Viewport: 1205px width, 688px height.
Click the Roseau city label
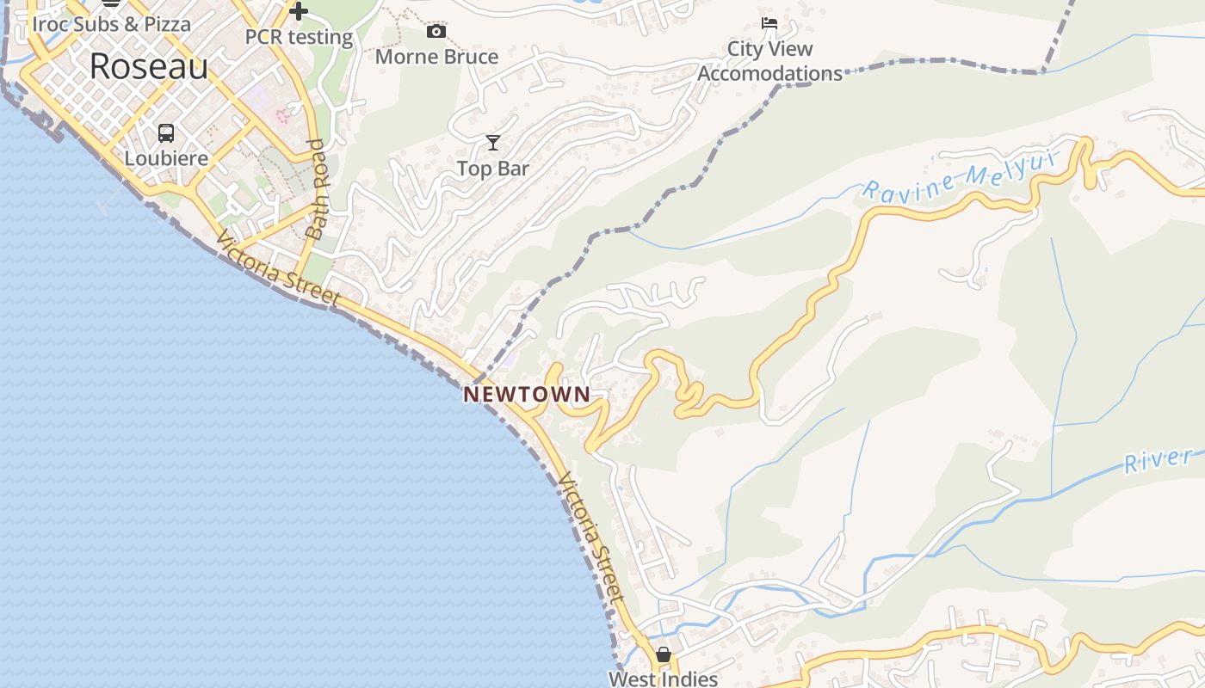click(149, 66)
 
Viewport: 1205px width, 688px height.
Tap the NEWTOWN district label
click(527, 395)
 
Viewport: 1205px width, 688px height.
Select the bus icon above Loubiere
click(166, 133)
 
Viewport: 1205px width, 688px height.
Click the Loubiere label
click(166, 158)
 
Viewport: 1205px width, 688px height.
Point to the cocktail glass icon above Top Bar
click(492, 142)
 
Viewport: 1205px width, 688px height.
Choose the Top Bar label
click(492, 169)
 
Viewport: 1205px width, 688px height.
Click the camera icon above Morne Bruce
click(436, 32)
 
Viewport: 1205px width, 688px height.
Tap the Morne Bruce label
click(436, 57)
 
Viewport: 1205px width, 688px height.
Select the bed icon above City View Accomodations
click(769, 23)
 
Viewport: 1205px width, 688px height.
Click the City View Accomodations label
click(769, 61)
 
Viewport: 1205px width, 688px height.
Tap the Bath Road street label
click(316, 189)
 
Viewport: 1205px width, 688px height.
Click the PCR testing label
click(299, 37)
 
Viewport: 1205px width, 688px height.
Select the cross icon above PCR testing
click(299, 11)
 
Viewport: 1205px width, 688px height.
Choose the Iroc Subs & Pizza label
click(111, 23)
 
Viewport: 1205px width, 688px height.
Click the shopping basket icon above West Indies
click(663, 654)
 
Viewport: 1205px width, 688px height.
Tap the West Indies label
click(663, 679)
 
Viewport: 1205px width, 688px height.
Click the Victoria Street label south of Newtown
click(590, 537)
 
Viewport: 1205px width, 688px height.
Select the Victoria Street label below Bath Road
click(277, 267)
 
